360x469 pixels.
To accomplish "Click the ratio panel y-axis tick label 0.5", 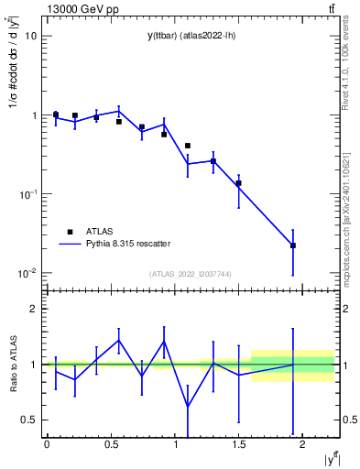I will (28, 420).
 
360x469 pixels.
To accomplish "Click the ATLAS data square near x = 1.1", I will (188, 146).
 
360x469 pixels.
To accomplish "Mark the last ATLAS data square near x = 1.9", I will (293, 245).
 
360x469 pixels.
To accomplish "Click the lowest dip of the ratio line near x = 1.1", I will (188, 406).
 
